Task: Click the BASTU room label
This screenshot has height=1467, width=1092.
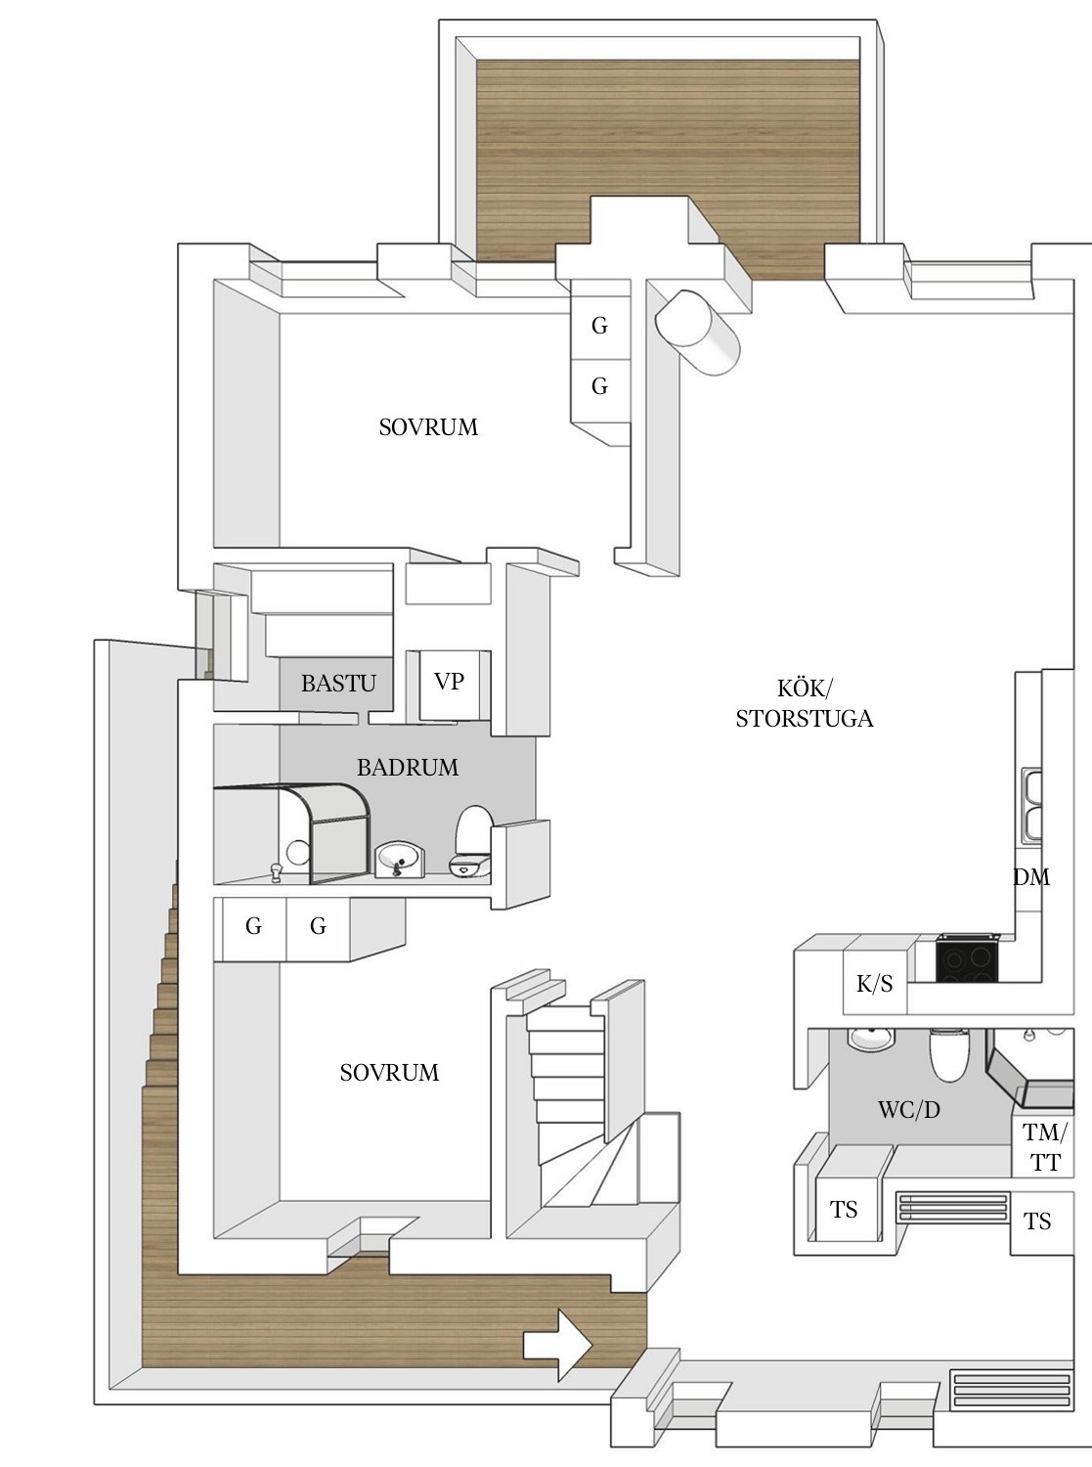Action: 338,683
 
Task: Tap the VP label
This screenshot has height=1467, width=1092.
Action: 449,681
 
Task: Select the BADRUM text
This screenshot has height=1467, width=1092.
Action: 408,767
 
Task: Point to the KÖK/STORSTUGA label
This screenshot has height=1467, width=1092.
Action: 805,703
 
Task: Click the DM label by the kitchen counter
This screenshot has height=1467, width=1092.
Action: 1031,877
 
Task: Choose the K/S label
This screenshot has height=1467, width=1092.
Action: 874,984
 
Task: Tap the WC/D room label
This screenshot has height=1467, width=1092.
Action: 909,1109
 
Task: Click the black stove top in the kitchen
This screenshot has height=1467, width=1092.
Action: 966,958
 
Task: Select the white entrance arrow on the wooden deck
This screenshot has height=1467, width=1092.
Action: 557,1345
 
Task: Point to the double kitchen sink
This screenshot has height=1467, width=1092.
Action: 1031,805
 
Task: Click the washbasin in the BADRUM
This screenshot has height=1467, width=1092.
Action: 400,860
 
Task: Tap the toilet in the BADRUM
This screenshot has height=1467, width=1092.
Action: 472,840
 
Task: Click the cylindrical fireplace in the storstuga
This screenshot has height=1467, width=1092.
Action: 696,332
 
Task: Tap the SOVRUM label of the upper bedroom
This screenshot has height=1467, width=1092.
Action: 428,427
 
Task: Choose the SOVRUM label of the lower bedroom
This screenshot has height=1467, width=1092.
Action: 389,1072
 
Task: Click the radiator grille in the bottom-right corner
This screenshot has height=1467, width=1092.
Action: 1011,1391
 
